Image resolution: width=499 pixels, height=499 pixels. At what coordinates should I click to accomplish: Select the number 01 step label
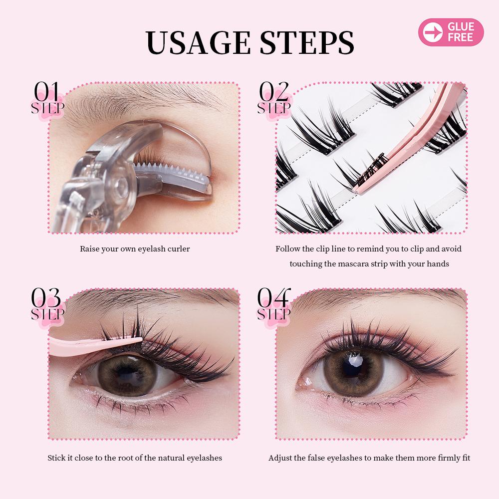47,92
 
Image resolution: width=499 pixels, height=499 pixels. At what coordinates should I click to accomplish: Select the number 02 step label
273,92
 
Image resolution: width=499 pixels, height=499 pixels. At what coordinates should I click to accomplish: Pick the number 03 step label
46,298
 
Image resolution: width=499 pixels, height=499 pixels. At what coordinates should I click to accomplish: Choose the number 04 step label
273,298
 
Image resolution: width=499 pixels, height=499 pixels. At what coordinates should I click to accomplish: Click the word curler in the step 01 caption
179,249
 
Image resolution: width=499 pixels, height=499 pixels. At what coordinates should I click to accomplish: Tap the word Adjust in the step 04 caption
279,458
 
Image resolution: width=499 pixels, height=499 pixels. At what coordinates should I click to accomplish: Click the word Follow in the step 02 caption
287,249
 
